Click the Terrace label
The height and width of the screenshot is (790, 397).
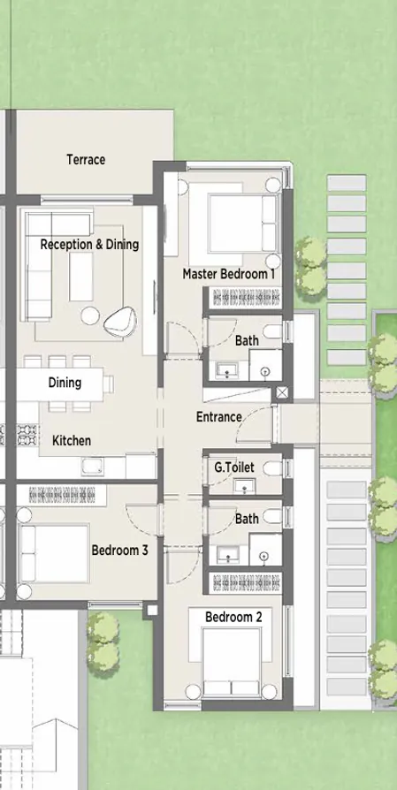86,160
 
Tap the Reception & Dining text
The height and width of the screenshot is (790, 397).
89,244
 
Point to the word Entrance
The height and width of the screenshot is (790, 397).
218,416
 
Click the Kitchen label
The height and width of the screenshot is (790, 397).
71,440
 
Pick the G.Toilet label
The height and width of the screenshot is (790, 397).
232,466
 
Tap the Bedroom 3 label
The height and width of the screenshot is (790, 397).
120,550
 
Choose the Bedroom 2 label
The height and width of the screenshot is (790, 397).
233,617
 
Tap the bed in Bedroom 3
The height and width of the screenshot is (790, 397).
53,552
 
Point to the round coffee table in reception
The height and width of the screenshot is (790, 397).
90,315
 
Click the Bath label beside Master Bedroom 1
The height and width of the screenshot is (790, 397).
247,340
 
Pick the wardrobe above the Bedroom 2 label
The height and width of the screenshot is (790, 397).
243,583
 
